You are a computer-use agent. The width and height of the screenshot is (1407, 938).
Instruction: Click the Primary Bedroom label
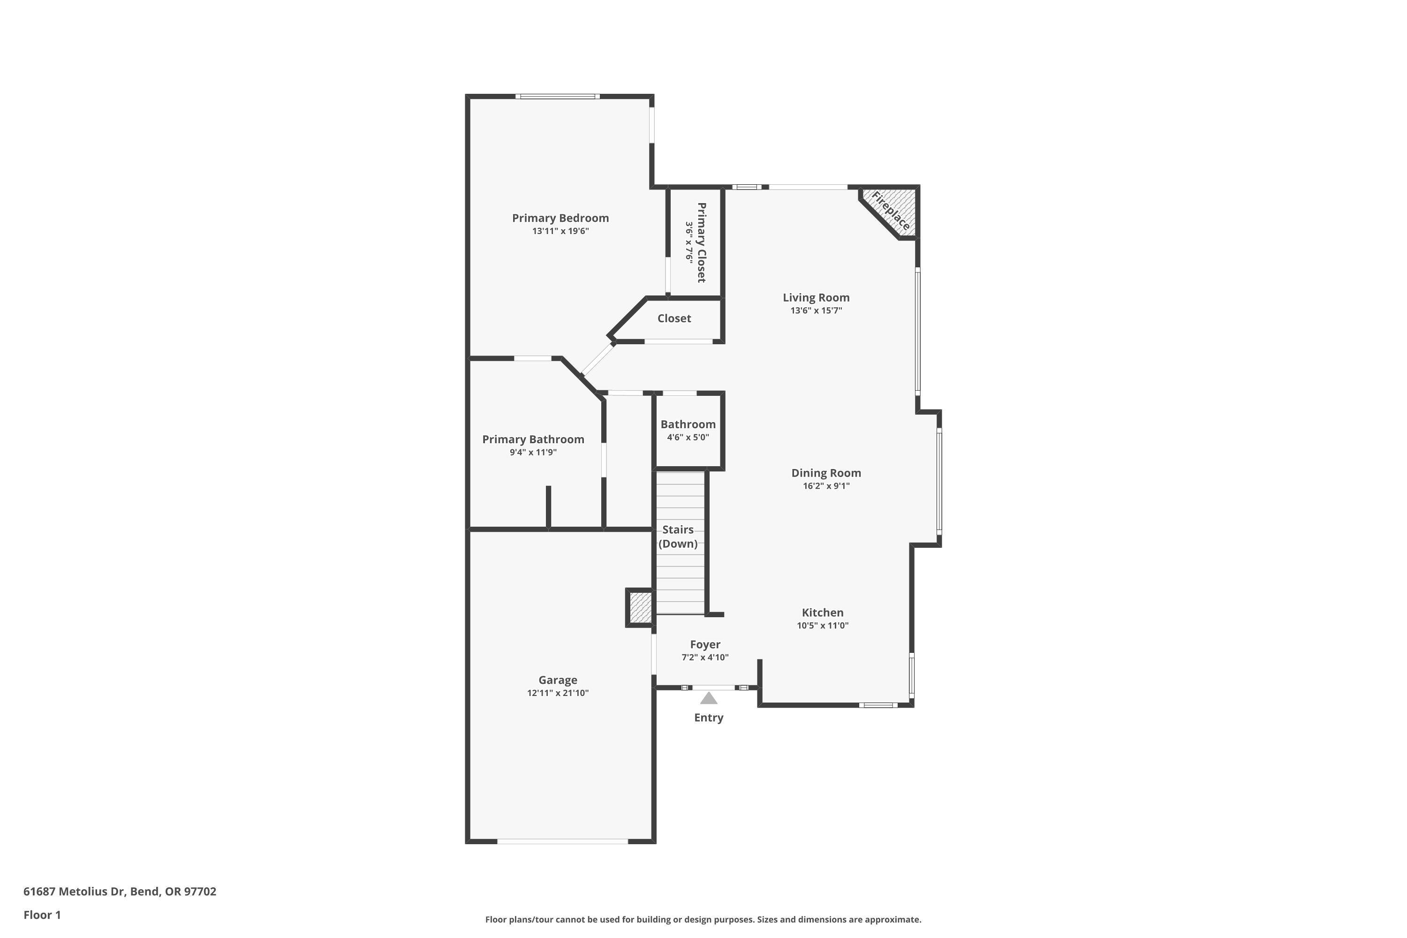pyautogui.click(x=560, y=218)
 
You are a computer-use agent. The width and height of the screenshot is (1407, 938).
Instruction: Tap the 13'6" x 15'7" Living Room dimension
pyautogui.click(x=816, y=310)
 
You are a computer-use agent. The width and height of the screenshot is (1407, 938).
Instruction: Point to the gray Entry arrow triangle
pyautogui.click(x=708, y=698)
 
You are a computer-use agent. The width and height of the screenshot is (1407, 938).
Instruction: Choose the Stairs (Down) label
pyautogui.click(x=678, y=537)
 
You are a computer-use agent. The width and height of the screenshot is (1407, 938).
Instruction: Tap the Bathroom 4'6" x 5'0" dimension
pyautogui.click(x=688, y=437)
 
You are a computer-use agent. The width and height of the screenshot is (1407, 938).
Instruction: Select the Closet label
pyautogui.click(x=674, y=318)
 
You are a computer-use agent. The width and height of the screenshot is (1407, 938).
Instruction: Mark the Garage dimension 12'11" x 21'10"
pyautogui.click(x=558, y=693)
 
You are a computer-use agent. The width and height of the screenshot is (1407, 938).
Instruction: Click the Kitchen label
pyautogui.click(x=823, y=612)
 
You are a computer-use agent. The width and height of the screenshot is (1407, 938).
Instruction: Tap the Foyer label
pyautogui.click(x=705, y=644)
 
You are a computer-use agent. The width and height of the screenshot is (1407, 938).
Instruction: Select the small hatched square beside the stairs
pyautogui.click(x=640, y=608)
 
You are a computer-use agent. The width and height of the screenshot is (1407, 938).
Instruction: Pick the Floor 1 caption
pyautogui.click(x=42, y=915)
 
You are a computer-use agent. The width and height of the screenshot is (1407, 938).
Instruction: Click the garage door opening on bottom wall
pyautogui.click(x=562, y=841)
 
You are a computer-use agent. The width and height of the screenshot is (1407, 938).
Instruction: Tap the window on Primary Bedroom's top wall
pyautogui.click(x=558, y=96)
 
